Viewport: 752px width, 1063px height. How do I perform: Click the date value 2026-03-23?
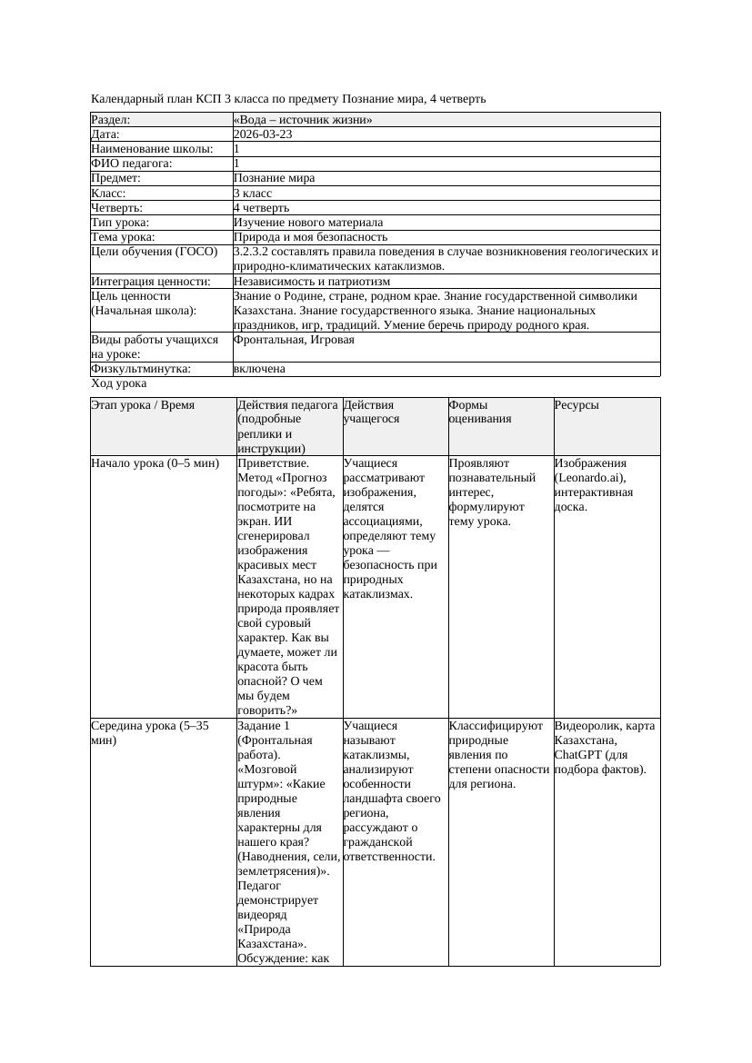coord(263,134)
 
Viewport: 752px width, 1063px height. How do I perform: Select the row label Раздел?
coord(111,120)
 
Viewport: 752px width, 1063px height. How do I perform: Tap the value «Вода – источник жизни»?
coord(303,120)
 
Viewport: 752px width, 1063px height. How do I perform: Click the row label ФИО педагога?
coord(132,164)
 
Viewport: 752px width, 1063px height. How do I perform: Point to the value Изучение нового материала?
coord(308,223)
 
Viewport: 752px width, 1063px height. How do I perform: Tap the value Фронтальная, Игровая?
coord(294,340)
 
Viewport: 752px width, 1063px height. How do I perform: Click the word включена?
coord(260,369)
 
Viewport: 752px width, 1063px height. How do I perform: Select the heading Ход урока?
coord(119,383)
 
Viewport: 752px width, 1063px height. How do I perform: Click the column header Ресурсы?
coord(577,405)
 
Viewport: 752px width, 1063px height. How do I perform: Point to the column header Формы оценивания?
coord(479,412)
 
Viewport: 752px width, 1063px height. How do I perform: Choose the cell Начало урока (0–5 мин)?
coord(155,463)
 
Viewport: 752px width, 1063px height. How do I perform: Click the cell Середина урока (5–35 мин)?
coord(150,733)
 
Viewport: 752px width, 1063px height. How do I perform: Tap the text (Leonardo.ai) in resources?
coord(591,478)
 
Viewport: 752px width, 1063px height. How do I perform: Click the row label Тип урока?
coord(120,223)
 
